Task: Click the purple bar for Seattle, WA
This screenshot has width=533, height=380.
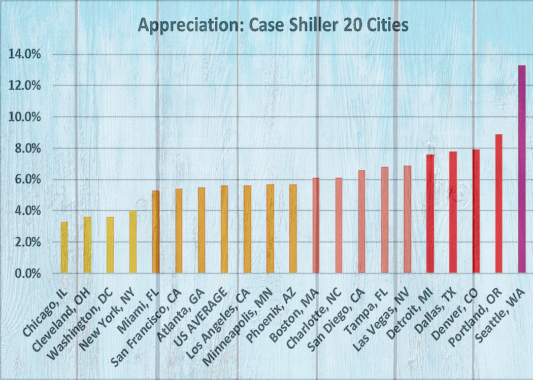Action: point(521,170)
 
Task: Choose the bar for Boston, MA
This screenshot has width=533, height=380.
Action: point(316,225)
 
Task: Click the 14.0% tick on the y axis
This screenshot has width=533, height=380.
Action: point(24,54)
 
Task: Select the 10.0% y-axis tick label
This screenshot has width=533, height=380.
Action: point(24,117)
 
